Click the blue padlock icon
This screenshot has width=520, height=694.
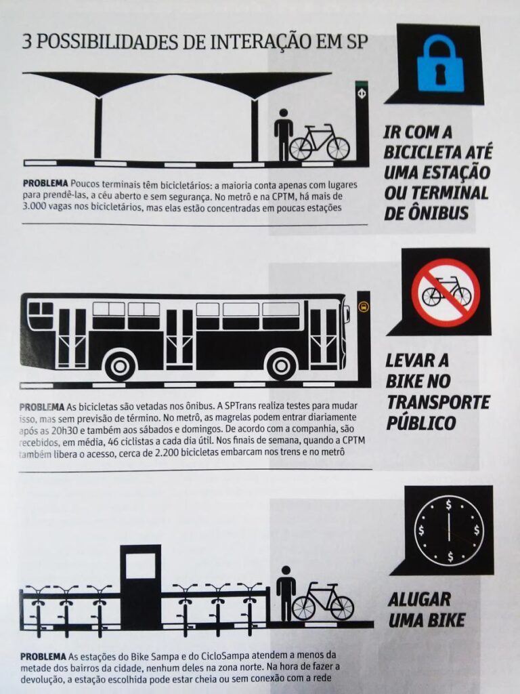coord(440,63)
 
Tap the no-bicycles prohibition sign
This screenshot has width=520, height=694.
coord(446,293)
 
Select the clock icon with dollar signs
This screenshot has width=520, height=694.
coord(449,531)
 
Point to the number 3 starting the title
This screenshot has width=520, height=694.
coord(26,42)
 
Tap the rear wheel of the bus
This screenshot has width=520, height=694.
coord(118,365)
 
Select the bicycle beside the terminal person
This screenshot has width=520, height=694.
coord(320,142)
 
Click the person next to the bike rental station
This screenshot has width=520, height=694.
coord(286,593)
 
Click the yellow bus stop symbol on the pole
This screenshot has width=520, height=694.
coord(363,306)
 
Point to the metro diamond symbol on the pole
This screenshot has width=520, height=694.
coord(362,94)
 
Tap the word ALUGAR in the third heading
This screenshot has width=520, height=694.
coord(419,600)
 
